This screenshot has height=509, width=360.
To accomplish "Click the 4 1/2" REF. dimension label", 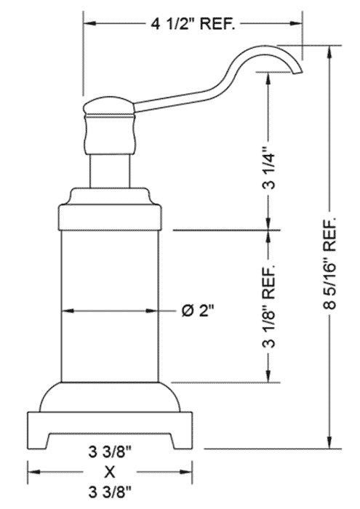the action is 192,24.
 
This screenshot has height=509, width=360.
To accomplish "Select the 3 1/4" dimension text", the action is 269,168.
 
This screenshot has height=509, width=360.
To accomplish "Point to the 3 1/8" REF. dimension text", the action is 269,307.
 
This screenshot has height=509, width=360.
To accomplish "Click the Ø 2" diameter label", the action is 198,311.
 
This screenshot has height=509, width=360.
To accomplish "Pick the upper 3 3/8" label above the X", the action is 110,452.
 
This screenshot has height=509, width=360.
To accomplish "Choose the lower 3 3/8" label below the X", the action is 110,492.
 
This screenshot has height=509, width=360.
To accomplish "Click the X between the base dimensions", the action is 110,472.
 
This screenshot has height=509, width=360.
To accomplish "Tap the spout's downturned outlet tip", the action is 297,72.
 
